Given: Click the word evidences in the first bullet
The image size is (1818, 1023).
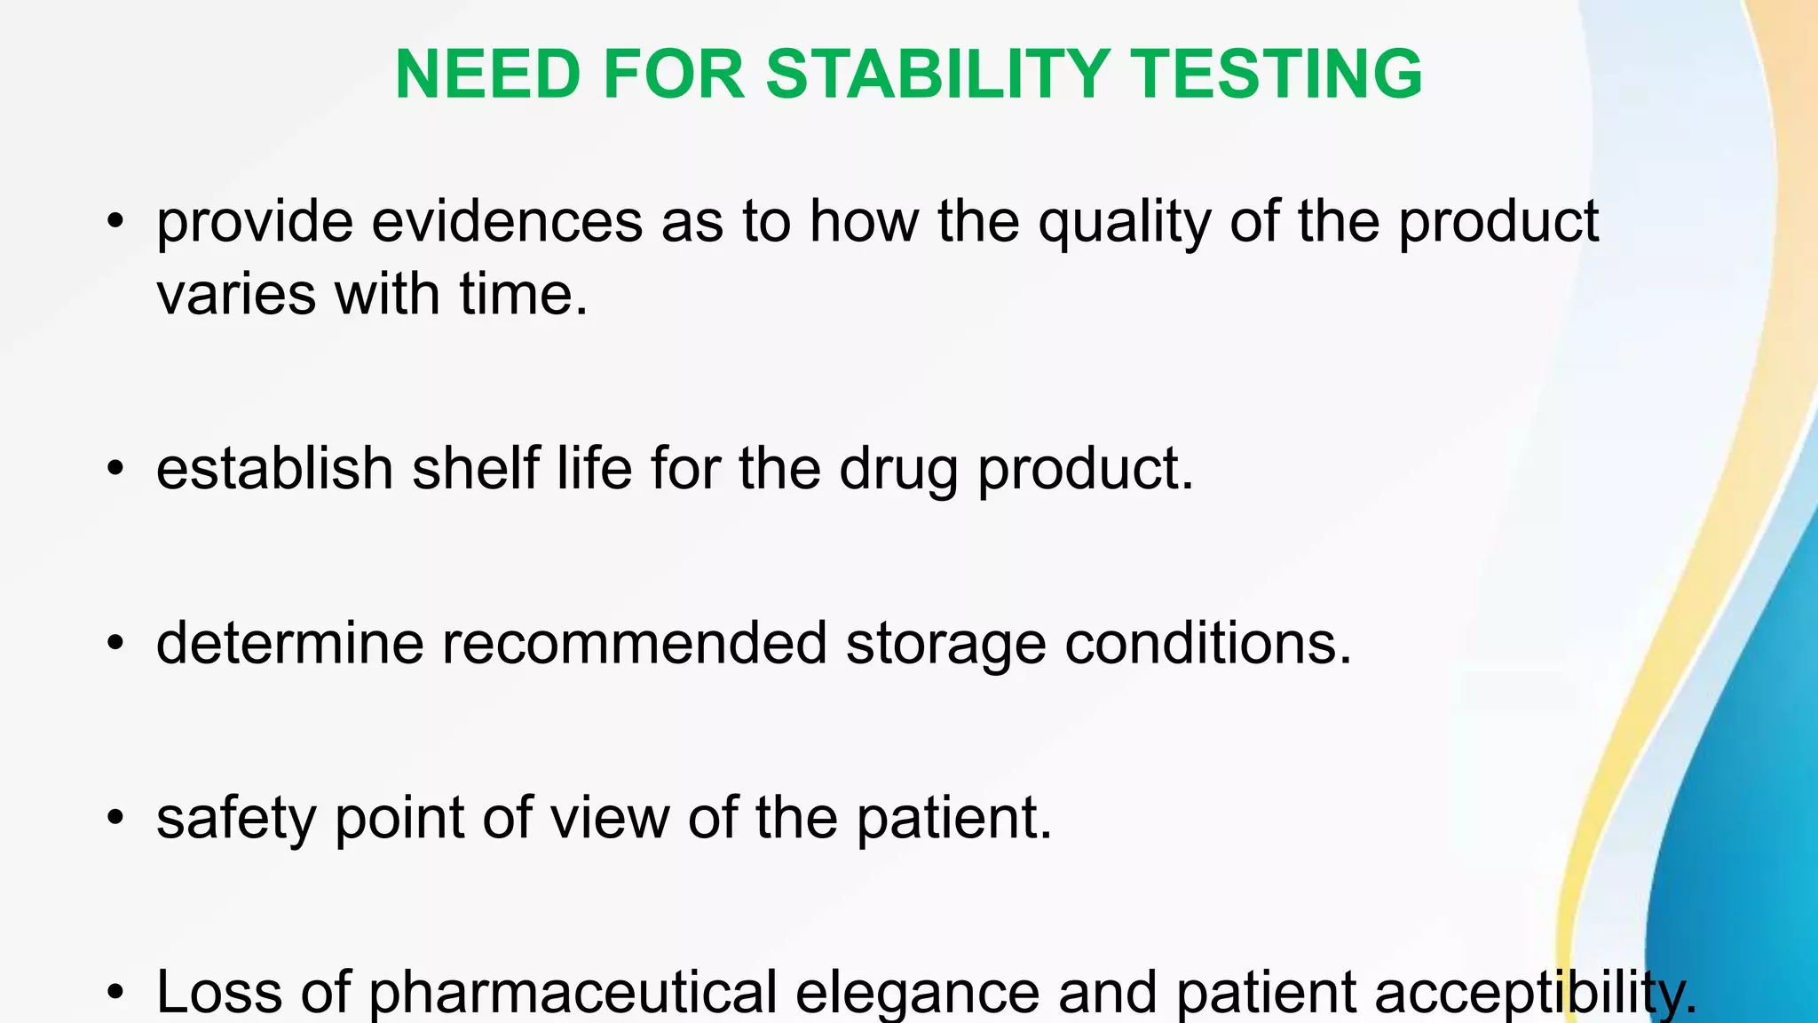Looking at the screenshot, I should (x=507, y=222).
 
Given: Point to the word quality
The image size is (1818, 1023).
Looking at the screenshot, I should (x=1124, y=224).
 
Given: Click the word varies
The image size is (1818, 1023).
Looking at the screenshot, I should (x=236, y=295).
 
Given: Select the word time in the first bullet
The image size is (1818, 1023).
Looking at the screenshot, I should (x=523, y=294).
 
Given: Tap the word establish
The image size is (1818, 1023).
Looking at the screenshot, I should (x=274, y=469).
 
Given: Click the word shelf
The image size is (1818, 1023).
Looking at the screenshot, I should (x=475, y=469).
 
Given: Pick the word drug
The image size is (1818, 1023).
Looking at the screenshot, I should (x=898, y=471).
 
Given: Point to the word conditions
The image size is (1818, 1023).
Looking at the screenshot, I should (x=1207, y=643).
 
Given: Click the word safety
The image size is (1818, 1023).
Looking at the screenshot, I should (x=235, y=818).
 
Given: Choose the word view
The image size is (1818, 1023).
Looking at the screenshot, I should (x=610, y=817).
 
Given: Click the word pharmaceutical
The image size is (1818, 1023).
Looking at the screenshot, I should (x=573, y=993).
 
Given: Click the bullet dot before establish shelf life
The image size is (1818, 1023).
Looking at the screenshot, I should (x=115, y=469).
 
